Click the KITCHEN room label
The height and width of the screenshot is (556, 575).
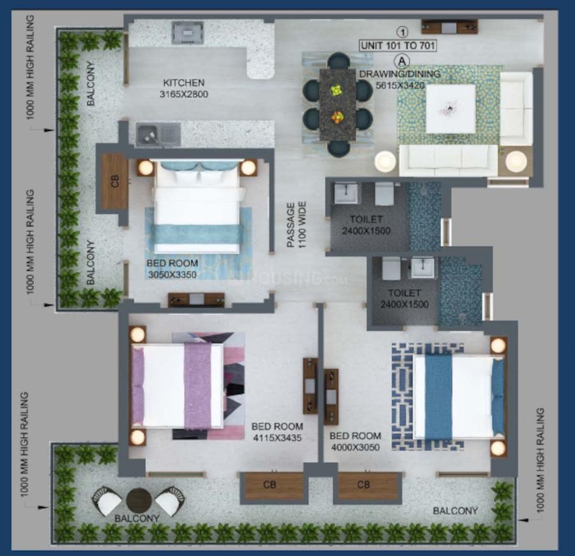click(184, 82)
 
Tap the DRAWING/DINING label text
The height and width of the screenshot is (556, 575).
click(399, 73)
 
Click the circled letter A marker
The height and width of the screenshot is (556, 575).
click(402, 61)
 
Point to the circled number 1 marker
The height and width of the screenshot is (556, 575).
click(402, 31)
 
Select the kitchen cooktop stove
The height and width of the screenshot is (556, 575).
click(188, 33)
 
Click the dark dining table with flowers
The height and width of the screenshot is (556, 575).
click(337, 104)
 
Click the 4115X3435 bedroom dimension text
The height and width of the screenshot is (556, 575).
click(277, 438)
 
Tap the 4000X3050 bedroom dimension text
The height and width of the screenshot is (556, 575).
click(355, 447)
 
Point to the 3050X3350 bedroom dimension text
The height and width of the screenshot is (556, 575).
click(172, 275)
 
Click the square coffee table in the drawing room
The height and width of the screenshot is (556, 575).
click(450, 109)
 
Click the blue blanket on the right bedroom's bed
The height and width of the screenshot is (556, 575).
click(438, 397)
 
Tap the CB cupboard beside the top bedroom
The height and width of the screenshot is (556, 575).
click(115, 181)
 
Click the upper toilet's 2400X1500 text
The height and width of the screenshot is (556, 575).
click(366, 231)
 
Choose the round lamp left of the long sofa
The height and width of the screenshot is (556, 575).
click(385, 161)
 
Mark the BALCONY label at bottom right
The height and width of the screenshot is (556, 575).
click(455, 511)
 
